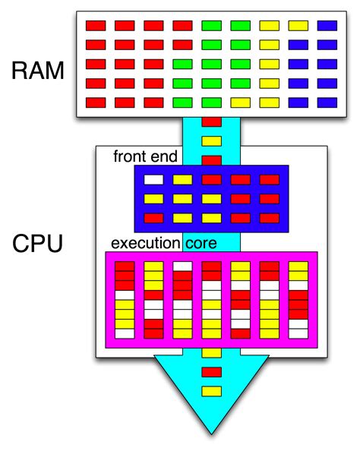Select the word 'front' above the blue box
(x=129, y=157)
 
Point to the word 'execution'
(x=145, y=244)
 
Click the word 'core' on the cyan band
(x=202, y=244)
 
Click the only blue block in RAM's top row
(x=327, y=26)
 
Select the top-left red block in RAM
(x=95, y=26)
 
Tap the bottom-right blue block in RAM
(x=327, y=102)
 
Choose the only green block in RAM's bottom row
(x=182, y=102)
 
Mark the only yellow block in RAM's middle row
(x=270, y=64)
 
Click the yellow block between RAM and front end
(x=212, y=140)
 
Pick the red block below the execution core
(x=212, y=372)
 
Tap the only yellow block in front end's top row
(x=182, y=180)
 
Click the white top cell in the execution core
(x=182, y=266)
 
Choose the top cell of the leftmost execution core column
(x=124, y=266)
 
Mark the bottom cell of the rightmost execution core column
(x=299, y=333)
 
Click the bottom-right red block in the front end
(x=270, y=218)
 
